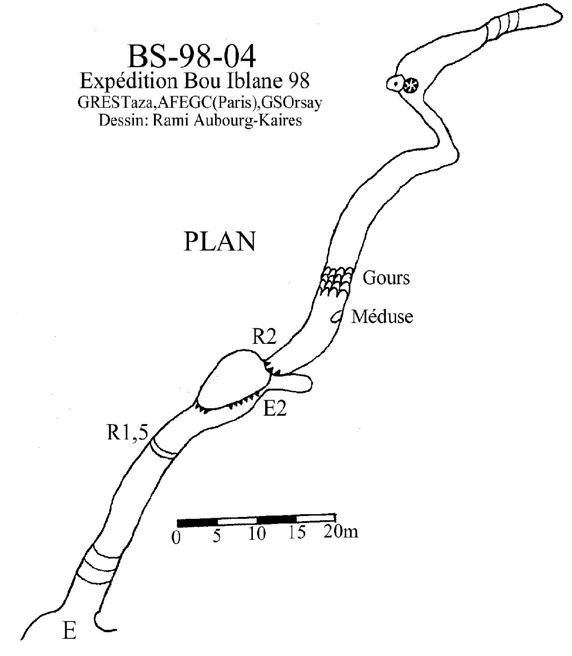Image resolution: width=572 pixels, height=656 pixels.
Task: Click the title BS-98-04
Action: [192, 57]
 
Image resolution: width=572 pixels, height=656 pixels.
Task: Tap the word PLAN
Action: [219, 242]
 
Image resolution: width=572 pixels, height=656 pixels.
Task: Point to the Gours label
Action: [386, 278]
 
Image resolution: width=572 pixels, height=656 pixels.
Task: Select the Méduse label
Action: [382, 317]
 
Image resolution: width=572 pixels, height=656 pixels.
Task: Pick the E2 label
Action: [275, 409]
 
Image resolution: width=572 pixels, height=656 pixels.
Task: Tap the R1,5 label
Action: [127, 433]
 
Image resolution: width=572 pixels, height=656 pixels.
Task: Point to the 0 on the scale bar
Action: [176, 538]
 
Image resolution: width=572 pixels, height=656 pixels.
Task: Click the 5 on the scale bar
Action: [216, 537]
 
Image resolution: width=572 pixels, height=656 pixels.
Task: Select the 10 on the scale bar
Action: [257, 534]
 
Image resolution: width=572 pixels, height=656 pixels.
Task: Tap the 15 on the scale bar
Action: [296, 532]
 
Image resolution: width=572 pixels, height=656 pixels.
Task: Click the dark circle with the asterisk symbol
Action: [411, 85]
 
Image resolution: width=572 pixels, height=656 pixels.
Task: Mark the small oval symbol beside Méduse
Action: [336, 317]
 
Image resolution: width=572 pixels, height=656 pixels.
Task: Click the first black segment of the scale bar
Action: [197, 521]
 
